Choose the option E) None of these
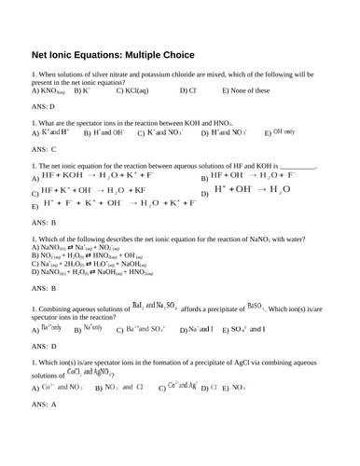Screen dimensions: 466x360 246,91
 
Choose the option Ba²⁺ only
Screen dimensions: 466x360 52,328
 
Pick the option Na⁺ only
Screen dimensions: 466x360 93,328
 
